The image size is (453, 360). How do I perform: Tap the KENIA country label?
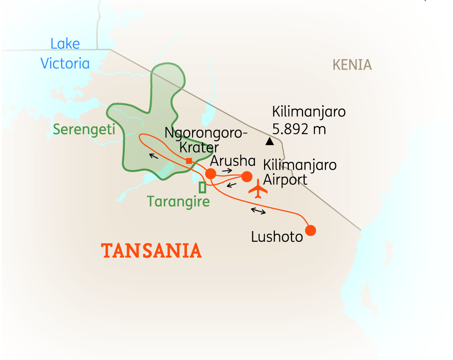click(x=352, y=65)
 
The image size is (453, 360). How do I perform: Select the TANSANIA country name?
click(x=152, y=251)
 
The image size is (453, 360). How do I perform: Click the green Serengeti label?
click(x=84, y=129)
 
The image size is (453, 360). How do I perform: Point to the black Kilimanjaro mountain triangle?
click(x=269, y=141)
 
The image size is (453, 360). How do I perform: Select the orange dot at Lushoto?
click(x=310, y=230)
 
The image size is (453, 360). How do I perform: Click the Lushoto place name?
click(x=277, y=237)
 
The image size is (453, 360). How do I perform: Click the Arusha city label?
click(x=233, y=161)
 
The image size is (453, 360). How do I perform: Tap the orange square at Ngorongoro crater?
click(x=189, y=161)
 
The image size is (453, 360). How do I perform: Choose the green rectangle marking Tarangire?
click(x=202, y=188)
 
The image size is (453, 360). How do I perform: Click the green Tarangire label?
click(x=178, y=201)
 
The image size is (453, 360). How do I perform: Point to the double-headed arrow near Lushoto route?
click(x=258, y=211)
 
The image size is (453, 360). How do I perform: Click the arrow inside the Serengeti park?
click(x=153, y=155)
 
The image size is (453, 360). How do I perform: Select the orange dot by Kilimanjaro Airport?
click(x=246, y=177)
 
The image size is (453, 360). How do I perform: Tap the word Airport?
click(x=285, y=180)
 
